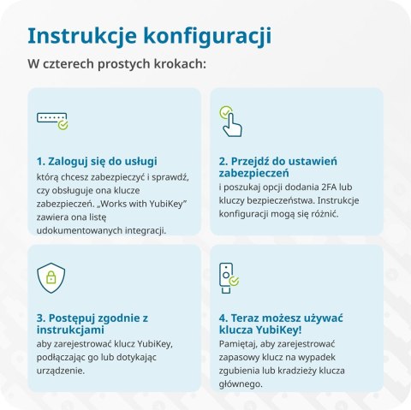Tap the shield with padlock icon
[x=51, y=277]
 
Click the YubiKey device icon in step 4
[x=229, y=277]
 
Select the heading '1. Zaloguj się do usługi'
[x=96, y=160]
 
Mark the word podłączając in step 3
[x=64, y=356]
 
